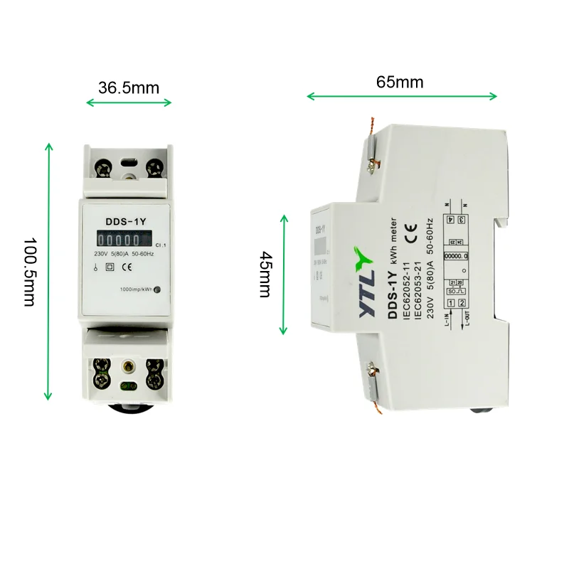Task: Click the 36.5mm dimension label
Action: [x=129, y=87]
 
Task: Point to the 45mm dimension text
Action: [x=265, y=275]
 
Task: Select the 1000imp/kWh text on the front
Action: [x=137, y=289]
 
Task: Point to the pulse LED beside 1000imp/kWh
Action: [x=157, y=289]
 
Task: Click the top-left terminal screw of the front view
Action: [x=104, y=168]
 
